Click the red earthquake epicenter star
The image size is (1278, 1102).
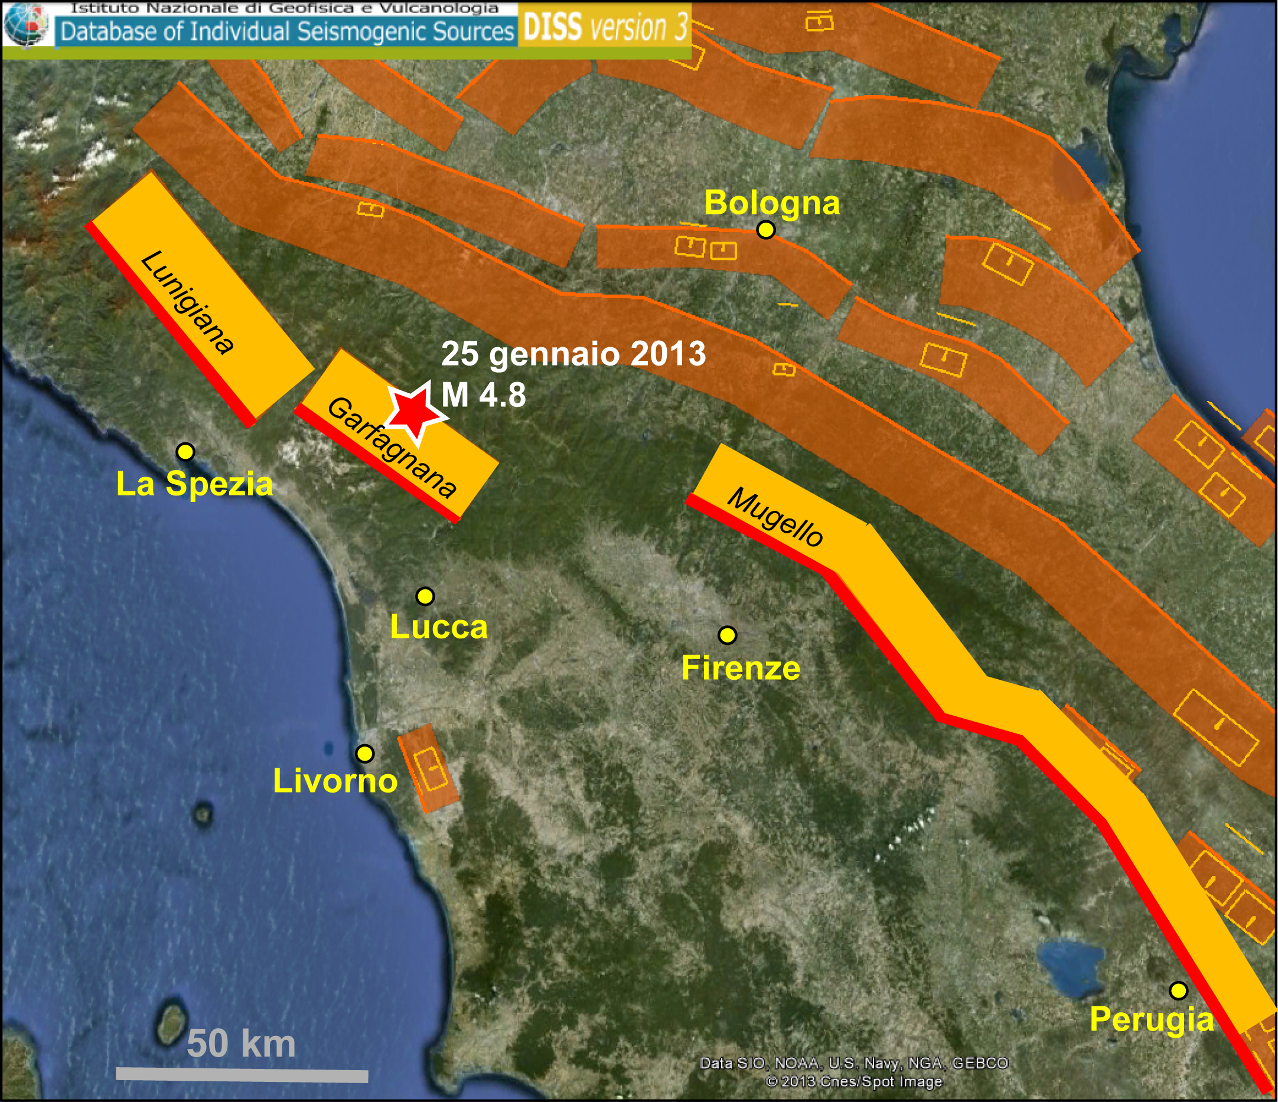415,411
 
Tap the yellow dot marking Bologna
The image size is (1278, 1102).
765,229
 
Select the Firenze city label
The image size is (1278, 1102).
740,668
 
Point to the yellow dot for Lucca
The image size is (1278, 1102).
425,596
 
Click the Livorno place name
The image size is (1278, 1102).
335,781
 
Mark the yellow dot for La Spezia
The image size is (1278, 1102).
185,451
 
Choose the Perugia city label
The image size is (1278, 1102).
1151,1019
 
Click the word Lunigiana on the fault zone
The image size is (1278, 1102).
187,302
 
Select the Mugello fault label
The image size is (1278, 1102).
775,517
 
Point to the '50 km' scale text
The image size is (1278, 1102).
241,1044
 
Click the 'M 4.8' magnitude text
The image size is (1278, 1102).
484,394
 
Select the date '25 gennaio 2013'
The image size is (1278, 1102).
573,354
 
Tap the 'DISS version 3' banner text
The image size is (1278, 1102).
605,28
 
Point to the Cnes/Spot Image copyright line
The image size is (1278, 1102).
853,1081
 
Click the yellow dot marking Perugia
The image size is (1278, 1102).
1178,990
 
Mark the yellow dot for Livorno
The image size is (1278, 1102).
365,753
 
